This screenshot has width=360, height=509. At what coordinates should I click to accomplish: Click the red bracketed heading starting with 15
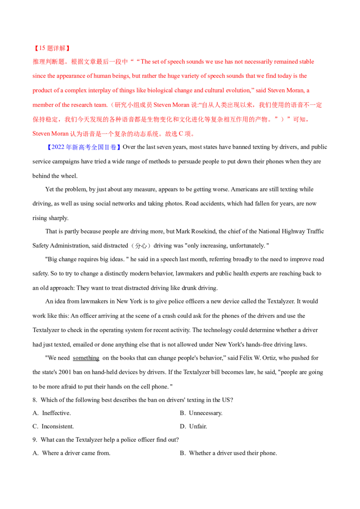pos(51,48)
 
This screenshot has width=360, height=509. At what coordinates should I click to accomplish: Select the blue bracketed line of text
pos(84,147)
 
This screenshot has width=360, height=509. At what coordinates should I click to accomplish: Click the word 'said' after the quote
pos(261,90)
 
